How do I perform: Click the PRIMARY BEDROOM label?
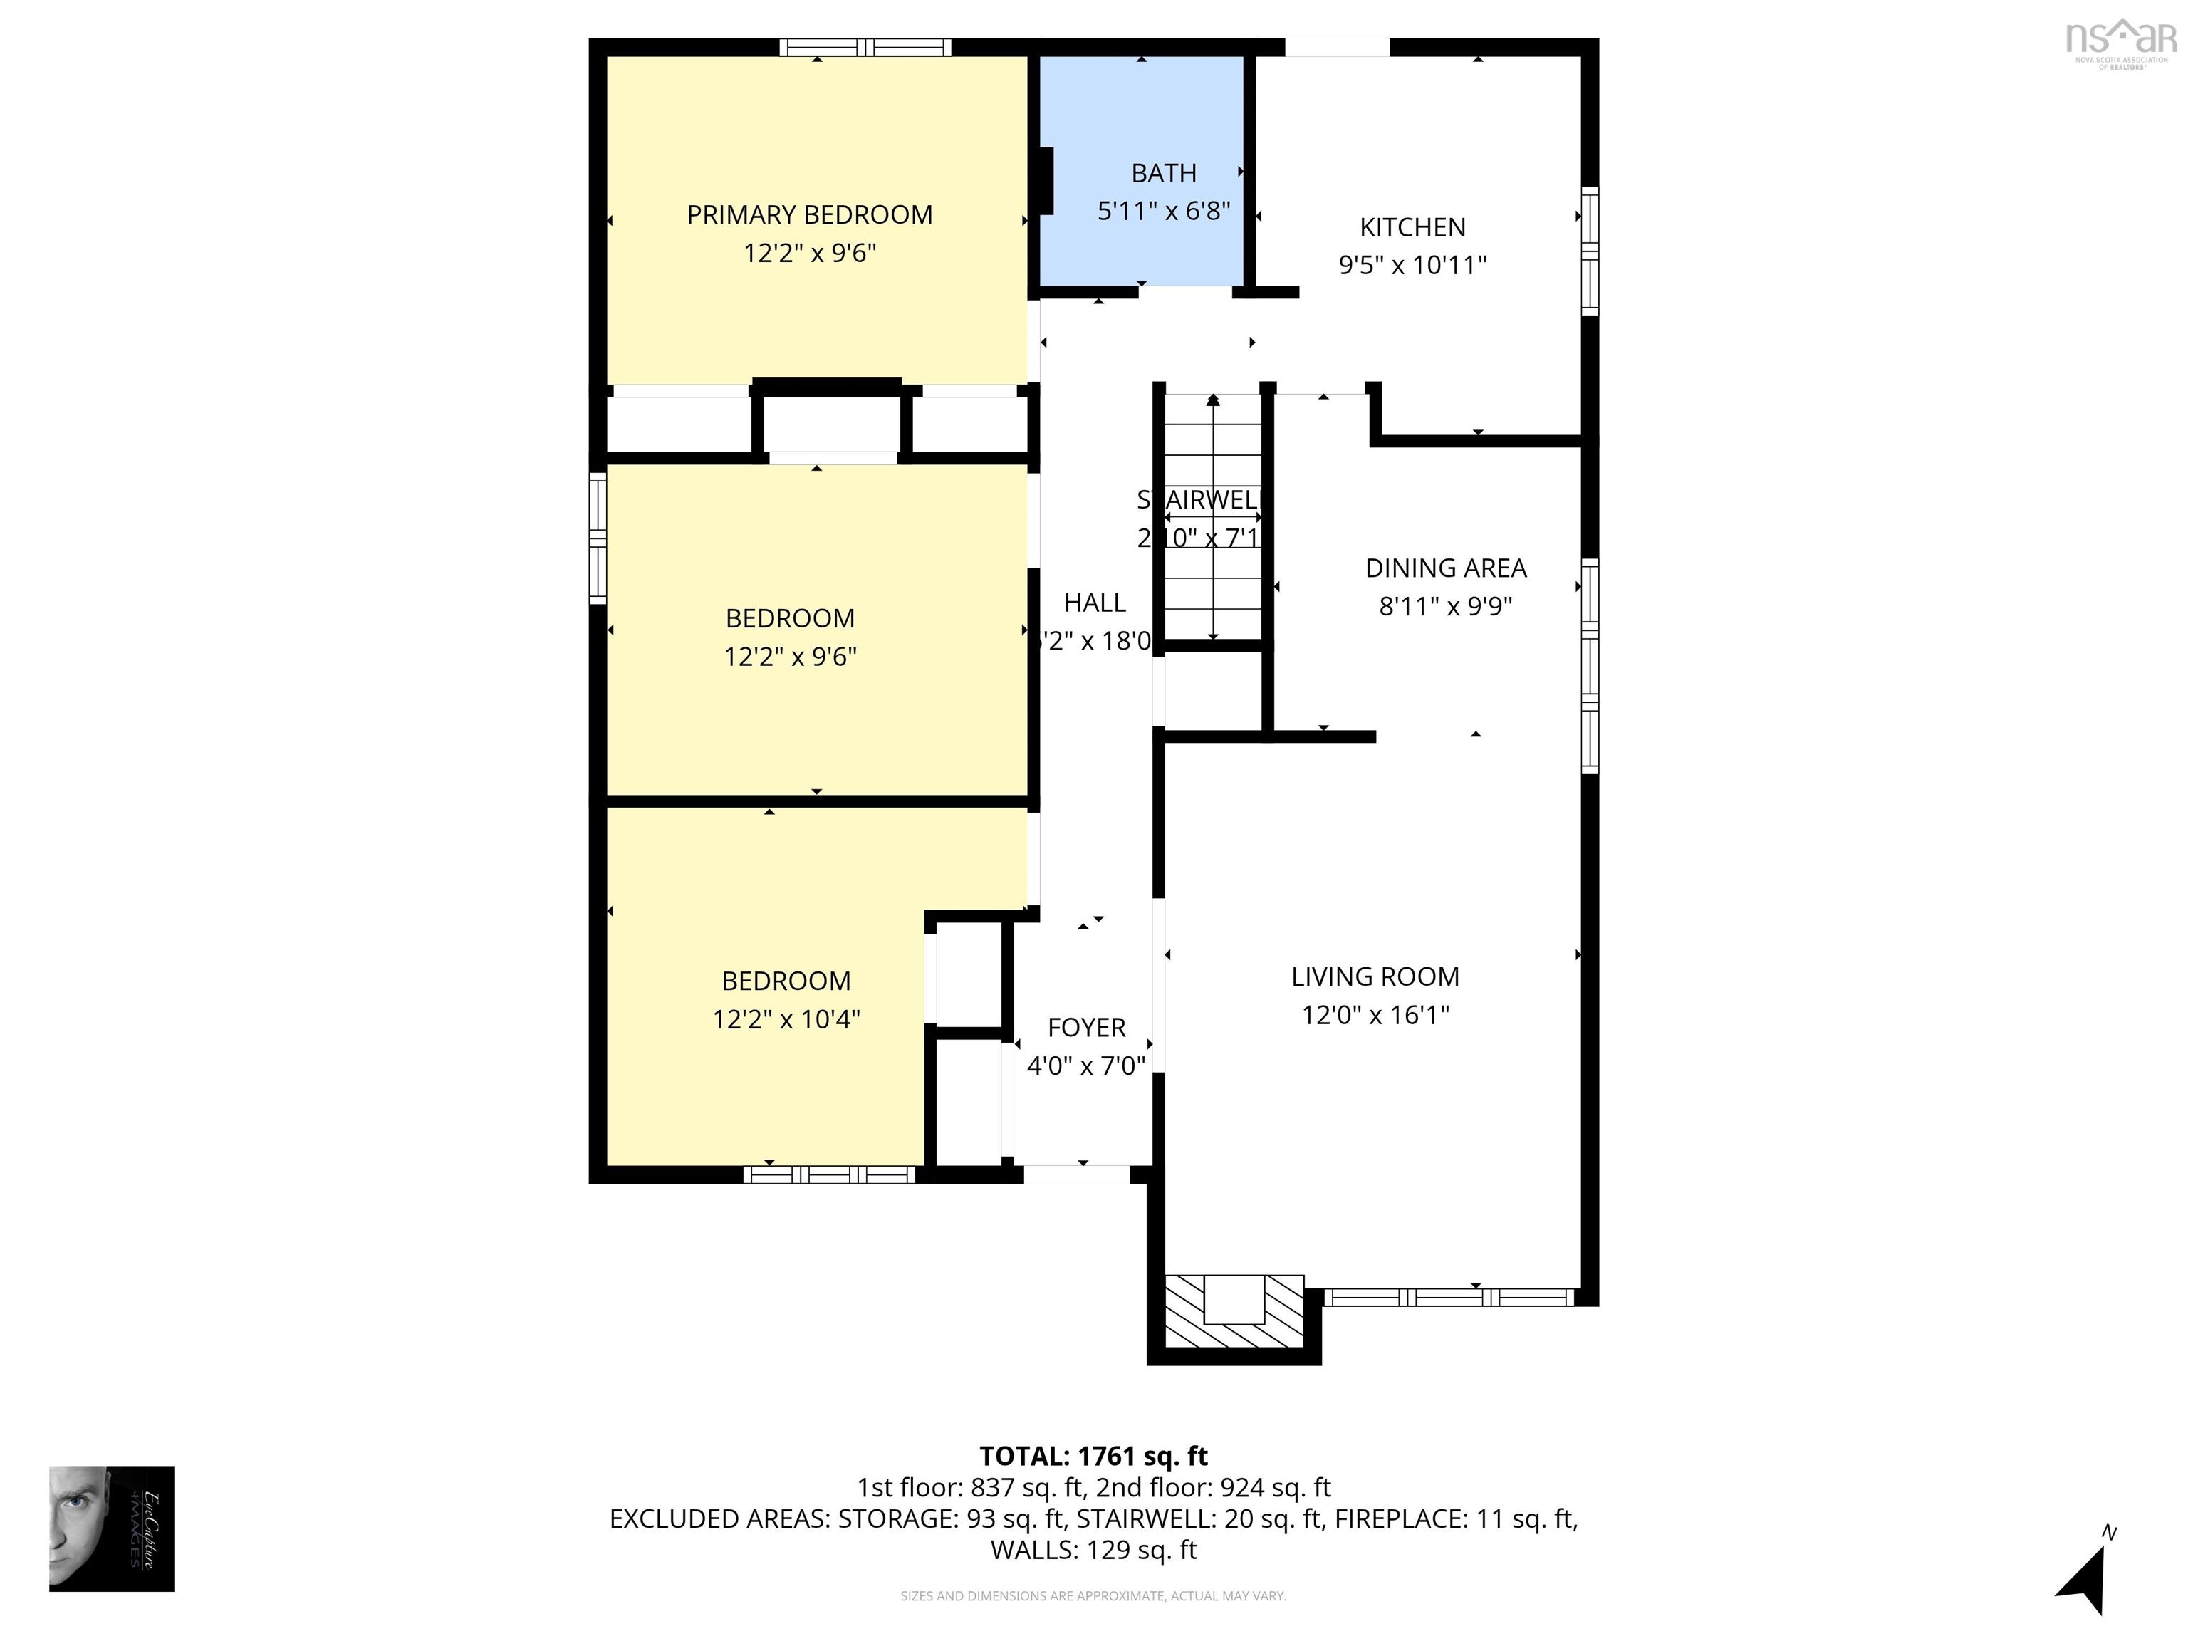pos(809,214)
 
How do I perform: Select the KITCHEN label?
pos(1412,227)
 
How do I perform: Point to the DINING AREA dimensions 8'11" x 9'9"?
pos(1445,605)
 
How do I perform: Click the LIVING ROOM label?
pos(1375,976)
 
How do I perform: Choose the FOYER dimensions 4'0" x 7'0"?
pos(1086,1066)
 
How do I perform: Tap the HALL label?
pos(1094,603)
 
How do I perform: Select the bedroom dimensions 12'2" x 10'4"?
pos(786,1019)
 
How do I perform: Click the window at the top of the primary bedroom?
pos(865,46)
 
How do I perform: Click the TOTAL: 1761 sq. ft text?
pos(1093,1456)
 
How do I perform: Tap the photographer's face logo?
pos(112,1528)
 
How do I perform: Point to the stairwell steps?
pos(1213,514)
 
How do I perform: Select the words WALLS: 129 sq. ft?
pos(1093,1550)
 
